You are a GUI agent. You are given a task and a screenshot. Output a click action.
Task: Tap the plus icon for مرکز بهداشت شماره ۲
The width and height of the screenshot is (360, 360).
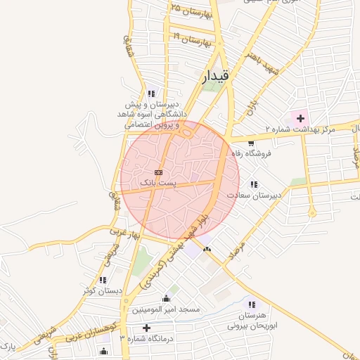[301, 117]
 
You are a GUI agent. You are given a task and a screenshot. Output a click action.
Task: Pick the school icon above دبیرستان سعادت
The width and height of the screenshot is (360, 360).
[254, 185]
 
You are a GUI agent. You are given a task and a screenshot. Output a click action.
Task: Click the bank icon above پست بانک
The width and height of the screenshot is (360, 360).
[158, 172]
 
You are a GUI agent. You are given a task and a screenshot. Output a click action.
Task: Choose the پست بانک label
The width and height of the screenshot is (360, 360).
[158, 182]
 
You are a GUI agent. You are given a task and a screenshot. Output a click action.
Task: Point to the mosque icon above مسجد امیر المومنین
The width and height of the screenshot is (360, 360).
[166, 298]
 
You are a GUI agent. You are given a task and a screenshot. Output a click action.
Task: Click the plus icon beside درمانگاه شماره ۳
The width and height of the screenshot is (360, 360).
[146, 328]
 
